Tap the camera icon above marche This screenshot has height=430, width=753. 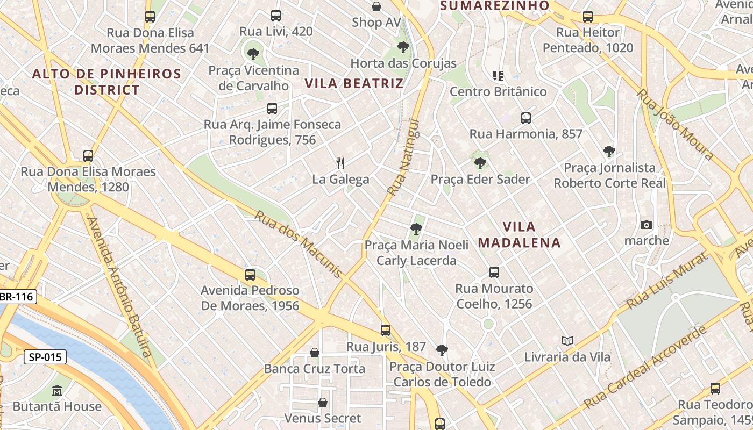coord(647,225)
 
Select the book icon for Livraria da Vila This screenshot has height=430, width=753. coord(567,341)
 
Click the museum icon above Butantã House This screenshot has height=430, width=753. coord(57,390)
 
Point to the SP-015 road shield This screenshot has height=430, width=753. coord(45,357)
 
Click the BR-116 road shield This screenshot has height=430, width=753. coord(17,297)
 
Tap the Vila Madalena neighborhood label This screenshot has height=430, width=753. coord(519,234)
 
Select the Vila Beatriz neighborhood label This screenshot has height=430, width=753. coord(354,83)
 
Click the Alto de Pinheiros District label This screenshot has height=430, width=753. coord(106,82)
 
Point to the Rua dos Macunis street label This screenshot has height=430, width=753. coord(298,244)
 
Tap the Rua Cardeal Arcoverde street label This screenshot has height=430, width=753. coord(645,367)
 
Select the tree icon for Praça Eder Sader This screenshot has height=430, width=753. coord(480,162)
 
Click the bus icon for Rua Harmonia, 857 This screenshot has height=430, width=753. coord(525,118)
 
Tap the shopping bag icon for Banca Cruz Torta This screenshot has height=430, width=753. coord(315,353)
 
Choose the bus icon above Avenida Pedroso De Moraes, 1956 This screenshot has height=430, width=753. coord(250,274)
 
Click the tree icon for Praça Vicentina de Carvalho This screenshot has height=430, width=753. coord(253,54)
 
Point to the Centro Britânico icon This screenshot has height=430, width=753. coord(498,75)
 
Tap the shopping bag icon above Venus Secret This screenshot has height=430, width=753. coord(323,402)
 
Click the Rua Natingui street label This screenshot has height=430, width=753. coord(403,157)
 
